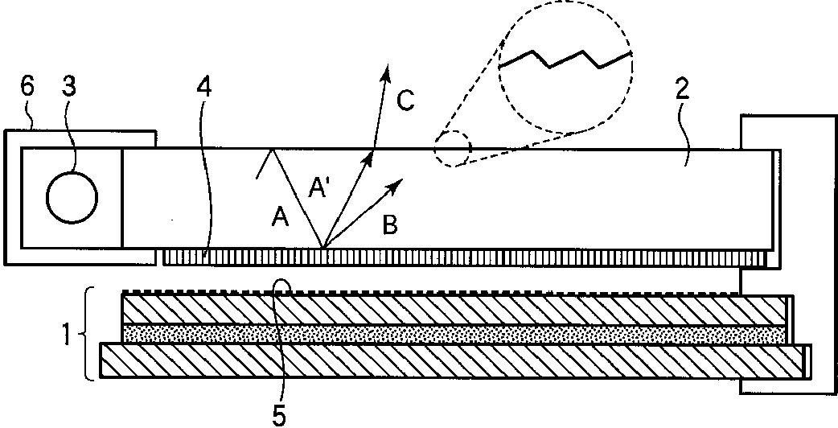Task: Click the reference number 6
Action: (x=27, y=87)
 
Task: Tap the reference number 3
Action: (x=70, y=87)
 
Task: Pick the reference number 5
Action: (x=278, y=415)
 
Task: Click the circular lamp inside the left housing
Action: (x=72, y=196)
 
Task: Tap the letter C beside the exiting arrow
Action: (x=406, y=101)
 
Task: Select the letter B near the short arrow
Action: (x=389, y=225)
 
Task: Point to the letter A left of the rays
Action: (x=280, y=216)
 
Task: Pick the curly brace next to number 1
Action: (x=89, y=333)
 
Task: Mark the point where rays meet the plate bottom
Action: (x=322, y=249)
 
